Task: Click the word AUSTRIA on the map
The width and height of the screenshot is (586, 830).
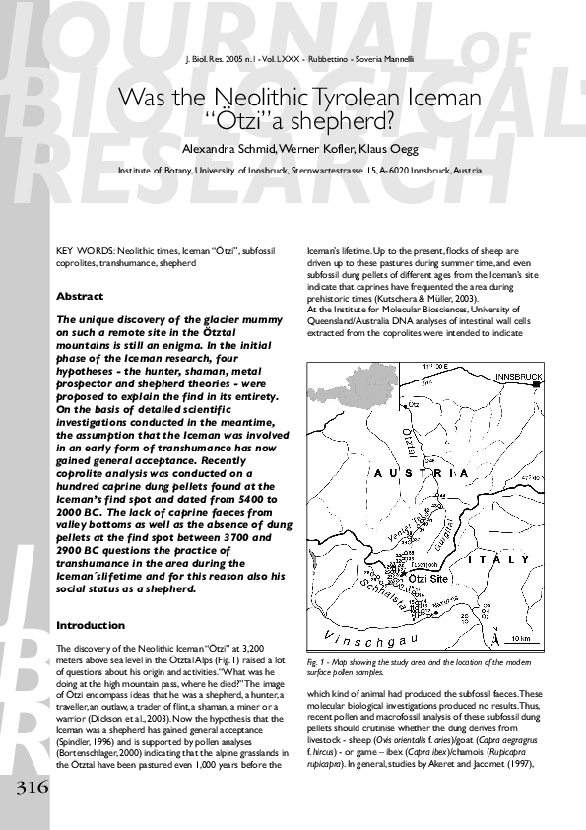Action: [x=421, y=473]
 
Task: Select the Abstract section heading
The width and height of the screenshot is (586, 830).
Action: [x=80, y=296]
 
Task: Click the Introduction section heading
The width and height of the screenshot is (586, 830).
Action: [x=91, y=625]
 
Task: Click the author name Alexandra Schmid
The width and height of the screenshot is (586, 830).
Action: [x=229, y=149]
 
